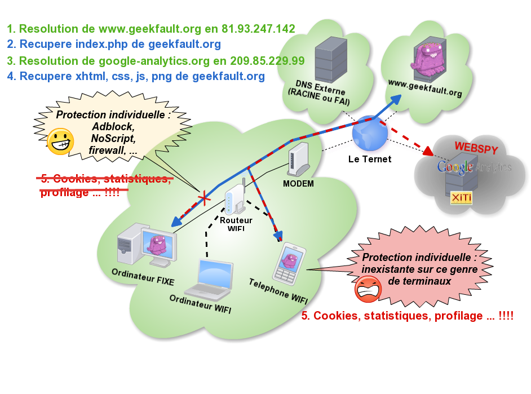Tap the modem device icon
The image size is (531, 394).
point(299,160)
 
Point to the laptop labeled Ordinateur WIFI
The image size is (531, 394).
point(210,279)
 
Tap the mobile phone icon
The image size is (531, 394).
point(289,263)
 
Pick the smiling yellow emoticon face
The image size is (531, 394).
point(60,141)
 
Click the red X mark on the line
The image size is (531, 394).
point(204,198)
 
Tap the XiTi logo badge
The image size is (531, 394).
point(461,198)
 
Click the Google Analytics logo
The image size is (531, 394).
point(474,167)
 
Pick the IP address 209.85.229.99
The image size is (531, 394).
point(269,60)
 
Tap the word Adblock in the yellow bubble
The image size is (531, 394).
point(113,127)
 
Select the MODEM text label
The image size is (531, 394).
point(298,184)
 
